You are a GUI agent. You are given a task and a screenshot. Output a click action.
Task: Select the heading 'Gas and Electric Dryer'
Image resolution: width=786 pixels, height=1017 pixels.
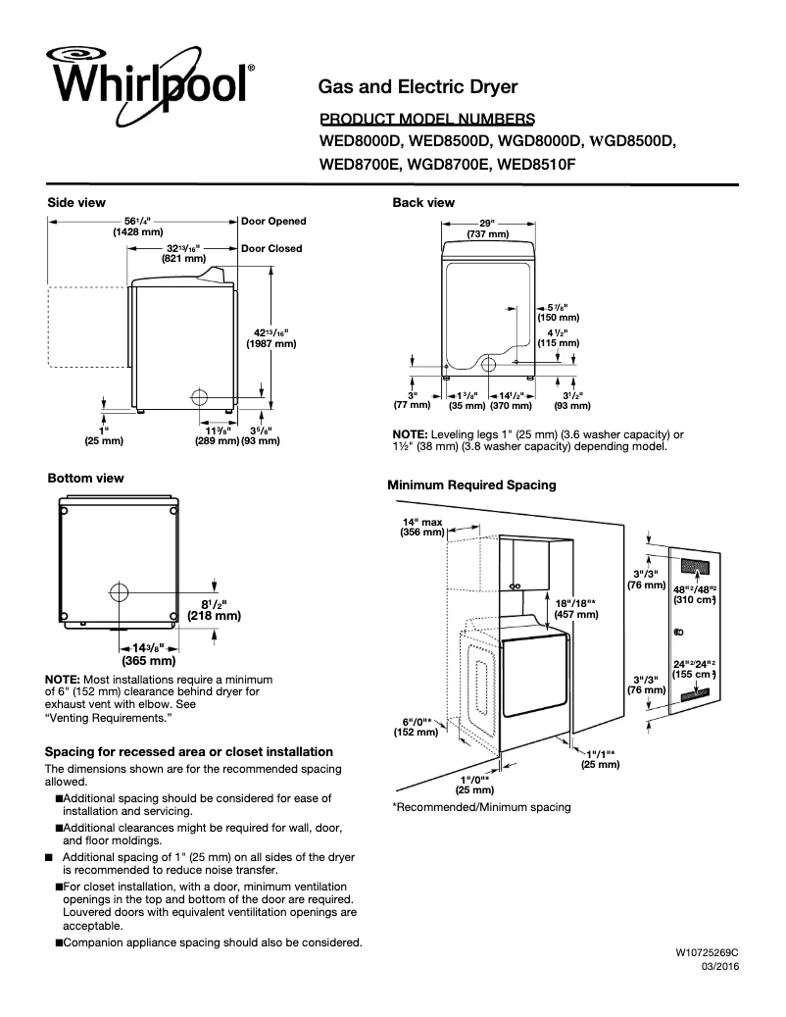coord(418,87)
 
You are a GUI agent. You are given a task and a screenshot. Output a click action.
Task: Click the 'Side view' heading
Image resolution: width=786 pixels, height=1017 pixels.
coord(76,203)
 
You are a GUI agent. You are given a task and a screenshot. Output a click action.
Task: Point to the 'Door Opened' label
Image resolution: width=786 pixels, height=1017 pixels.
coord(273,222)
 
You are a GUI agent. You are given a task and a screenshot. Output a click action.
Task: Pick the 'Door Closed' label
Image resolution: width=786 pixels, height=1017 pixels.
coord(271,249)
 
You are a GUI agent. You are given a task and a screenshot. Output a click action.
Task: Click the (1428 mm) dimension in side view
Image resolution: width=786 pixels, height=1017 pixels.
coord(136,232)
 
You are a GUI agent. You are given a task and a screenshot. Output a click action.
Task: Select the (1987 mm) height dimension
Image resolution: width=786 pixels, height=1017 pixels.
coord(270,344)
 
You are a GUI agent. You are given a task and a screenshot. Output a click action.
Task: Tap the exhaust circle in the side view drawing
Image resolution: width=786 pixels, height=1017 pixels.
coord(198,397)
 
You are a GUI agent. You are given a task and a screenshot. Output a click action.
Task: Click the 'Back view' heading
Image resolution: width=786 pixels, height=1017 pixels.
coord(423,203)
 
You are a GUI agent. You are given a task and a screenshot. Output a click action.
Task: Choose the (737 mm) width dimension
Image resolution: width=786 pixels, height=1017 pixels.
coord(487,235)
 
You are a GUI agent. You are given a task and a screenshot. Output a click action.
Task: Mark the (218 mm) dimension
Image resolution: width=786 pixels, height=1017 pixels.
coord(214,617)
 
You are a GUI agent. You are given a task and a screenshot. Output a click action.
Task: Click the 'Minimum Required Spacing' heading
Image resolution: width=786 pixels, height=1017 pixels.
coord(471,484)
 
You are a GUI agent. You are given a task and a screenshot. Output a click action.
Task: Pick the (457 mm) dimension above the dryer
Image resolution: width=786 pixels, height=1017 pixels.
coord(576,614)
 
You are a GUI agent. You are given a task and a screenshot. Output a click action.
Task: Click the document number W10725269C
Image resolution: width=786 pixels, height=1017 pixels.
coord(706,952)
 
